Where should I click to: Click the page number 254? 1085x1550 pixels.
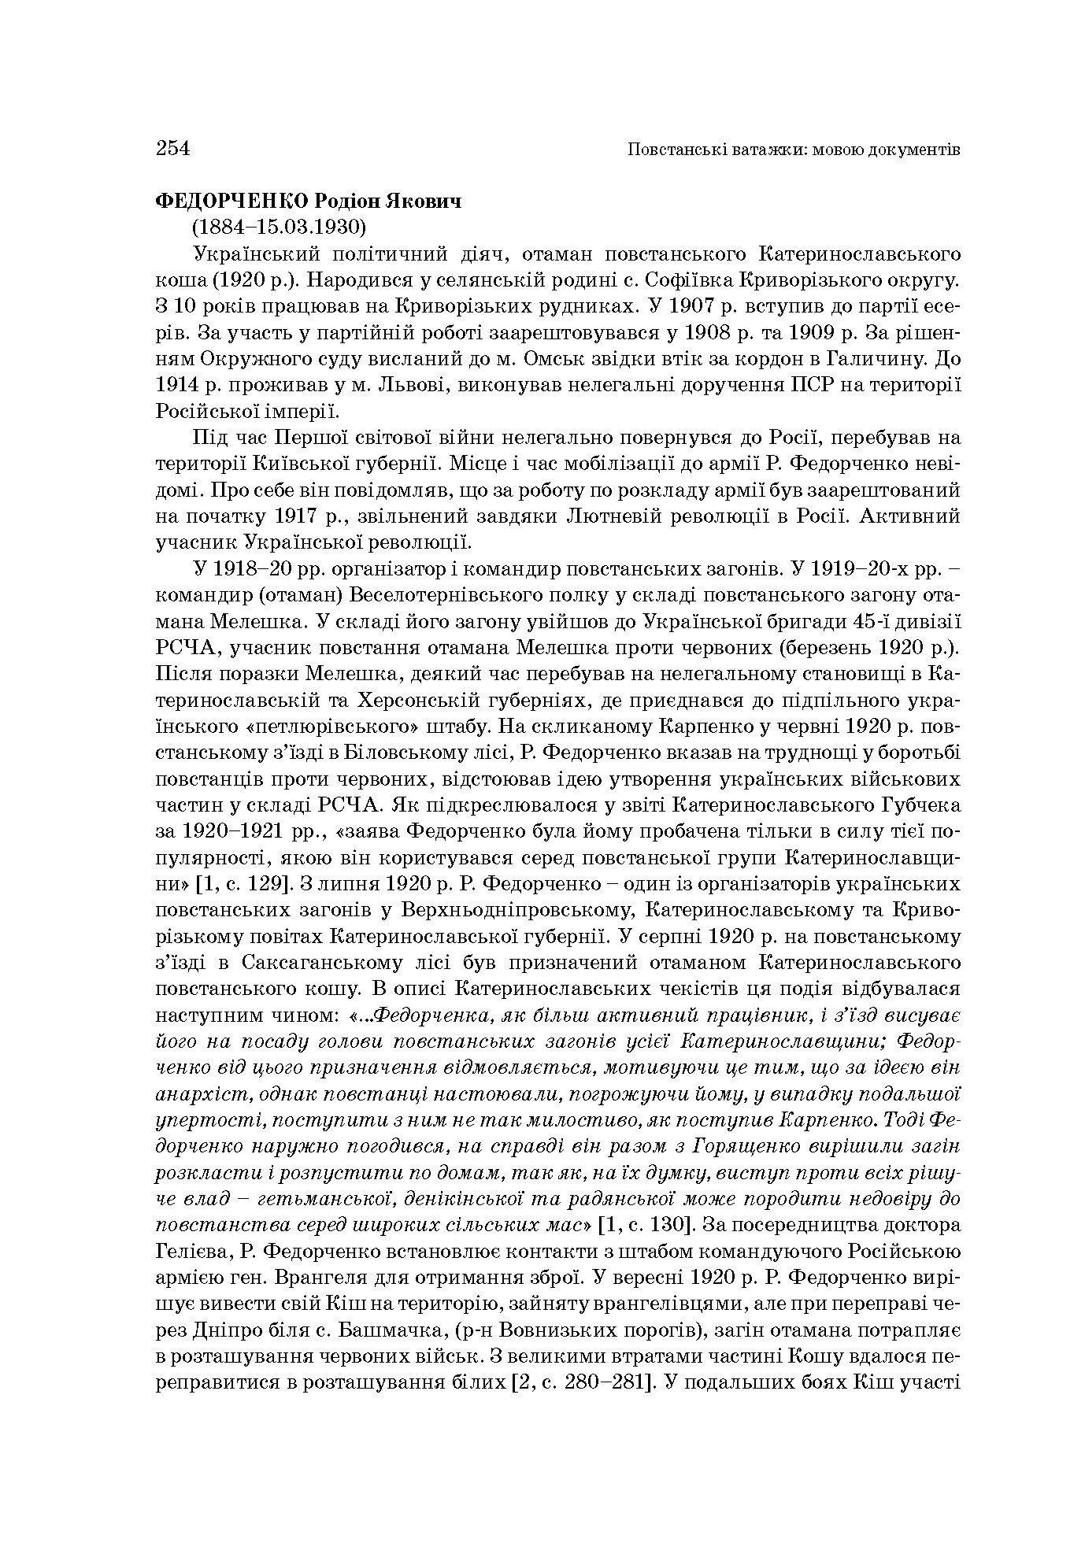click(173, 148)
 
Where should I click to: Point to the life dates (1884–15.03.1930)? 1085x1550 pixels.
click(280, 228)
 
